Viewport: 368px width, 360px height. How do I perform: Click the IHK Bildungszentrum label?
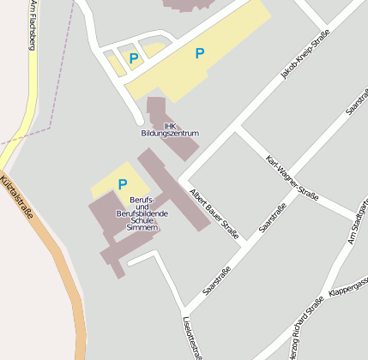click(170, 129)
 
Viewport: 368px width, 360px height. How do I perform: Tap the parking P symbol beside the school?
click(123, 184)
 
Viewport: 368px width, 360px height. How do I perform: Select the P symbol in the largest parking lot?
click(200, 53)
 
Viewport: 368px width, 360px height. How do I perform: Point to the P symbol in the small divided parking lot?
click(134, 58)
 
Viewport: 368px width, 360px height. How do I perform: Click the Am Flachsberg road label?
click(33, 25)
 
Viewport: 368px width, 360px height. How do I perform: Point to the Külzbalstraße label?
click(16, 196)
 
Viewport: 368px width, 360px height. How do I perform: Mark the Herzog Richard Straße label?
click(305, 330)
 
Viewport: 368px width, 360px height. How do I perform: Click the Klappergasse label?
click(348, 287)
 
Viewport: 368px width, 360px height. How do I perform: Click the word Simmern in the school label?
click(142, 229)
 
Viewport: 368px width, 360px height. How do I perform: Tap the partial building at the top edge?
click(185, 5)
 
